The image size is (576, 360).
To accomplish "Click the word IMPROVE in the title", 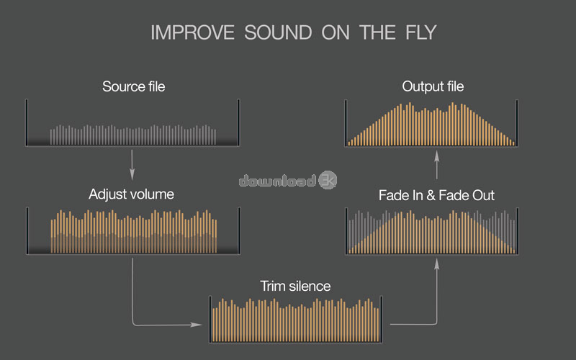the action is [192, 32].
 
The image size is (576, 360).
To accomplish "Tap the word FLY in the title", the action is [421, 32].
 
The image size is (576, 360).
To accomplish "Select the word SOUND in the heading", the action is [278, 32].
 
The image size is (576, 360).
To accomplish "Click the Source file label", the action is [134, 86].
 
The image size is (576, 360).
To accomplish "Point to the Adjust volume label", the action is [131, 194].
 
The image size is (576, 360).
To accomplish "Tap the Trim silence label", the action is [295, 286].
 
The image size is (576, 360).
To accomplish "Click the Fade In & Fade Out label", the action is [436, 195].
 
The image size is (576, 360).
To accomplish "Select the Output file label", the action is [433, 86].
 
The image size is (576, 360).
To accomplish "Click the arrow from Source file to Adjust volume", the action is [132, 165].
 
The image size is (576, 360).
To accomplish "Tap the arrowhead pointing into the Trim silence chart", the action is [196, 325].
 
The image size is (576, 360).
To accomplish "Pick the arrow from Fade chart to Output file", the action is [437, 165].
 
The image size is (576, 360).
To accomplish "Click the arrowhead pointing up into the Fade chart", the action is [437, 264].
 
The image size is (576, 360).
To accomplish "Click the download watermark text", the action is [277, 181].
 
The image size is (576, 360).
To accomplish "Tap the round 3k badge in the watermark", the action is [328, 180].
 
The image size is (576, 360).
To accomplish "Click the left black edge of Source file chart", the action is [27, 122].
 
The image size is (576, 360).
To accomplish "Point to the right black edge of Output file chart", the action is [517, 123].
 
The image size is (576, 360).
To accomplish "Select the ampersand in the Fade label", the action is [431, 195].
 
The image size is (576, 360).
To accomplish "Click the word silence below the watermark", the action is [310, 286].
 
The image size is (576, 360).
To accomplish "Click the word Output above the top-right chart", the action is [418, 87].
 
